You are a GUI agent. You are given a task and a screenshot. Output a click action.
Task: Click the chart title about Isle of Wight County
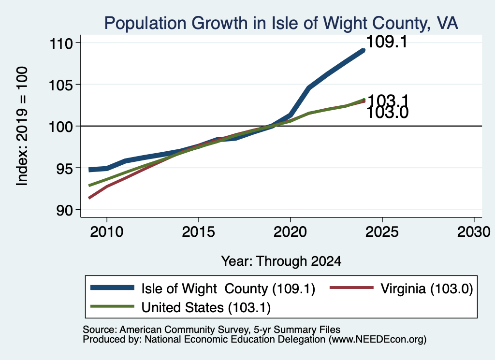pos(281,23)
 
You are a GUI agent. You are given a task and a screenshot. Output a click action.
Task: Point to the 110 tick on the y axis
pos(60,43)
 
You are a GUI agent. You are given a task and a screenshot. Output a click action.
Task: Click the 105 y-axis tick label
pos(60,85)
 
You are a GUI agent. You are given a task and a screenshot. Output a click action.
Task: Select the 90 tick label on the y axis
pos(64,210)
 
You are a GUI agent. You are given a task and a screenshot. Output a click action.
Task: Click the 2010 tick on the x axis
pos(107,232)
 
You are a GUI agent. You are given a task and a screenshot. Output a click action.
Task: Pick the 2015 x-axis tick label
pos(199,232)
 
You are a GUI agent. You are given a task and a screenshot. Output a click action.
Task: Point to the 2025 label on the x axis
pos(382,232)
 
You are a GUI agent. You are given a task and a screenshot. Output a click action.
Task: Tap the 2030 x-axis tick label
pos(474,232)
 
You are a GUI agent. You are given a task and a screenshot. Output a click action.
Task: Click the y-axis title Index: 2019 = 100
pos(22,126)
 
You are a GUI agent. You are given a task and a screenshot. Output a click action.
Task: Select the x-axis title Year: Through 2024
pos(281,261)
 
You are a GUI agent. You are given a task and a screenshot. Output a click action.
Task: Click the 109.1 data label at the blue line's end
pos(387,42)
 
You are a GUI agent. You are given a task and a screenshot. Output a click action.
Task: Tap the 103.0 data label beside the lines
pos(388,113)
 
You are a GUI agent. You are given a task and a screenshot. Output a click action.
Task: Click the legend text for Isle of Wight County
pos(228,288)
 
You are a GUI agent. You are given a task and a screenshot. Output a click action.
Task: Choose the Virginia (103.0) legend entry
pos(427,288)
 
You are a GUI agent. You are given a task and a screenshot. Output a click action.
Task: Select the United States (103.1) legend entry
pos(206,308)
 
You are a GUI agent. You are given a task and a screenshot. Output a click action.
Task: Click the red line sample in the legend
pos(352,288)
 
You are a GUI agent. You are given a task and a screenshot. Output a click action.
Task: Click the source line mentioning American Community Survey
pos(212,330)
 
